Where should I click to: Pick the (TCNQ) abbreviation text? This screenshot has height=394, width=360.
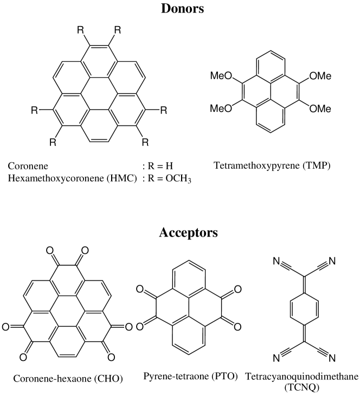click(296, 386)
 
